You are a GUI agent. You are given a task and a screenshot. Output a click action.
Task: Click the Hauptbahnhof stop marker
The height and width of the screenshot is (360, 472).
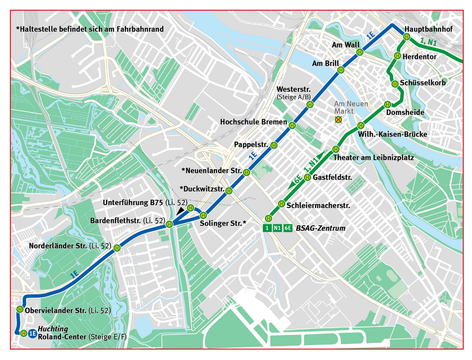click(407, 36)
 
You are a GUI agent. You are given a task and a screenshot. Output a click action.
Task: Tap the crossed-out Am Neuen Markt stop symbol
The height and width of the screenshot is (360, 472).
click(338, 120)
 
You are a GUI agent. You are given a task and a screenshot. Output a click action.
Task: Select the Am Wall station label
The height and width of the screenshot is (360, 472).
click(346, 45)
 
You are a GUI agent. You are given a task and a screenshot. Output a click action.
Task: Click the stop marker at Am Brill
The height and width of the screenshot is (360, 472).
click(340, 70)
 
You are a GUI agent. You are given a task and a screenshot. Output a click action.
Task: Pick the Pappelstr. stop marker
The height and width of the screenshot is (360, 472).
click(274, 145)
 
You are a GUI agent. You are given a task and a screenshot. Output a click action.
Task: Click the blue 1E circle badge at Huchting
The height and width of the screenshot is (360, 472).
click(32, 333)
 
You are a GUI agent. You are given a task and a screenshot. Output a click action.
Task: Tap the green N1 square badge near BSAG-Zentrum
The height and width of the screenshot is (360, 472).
click(277, 228)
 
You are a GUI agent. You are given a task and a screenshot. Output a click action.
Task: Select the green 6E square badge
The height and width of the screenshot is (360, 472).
click(288, 228)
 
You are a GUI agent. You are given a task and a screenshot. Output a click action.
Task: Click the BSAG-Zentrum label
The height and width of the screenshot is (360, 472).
click(321, 228)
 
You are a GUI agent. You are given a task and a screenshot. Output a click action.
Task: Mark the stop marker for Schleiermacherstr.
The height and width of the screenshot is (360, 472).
click(282, 203)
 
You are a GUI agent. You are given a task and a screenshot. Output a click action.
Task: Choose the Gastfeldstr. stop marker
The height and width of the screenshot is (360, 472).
click(307, 177)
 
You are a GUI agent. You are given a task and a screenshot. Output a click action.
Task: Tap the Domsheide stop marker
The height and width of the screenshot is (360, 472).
click(387, 104)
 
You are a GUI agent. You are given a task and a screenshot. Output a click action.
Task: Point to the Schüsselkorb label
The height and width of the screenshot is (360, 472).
click(423, 83)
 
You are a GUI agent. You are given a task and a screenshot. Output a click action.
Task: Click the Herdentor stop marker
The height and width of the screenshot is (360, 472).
click(399, 56)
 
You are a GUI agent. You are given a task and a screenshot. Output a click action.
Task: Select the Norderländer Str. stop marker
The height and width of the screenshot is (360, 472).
click(117, 247)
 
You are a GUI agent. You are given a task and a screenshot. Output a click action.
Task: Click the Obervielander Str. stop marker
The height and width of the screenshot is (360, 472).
click(20, 309)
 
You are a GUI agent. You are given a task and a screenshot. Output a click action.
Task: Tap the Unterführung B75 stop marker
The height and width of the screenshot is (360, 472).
click(190, 207)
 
